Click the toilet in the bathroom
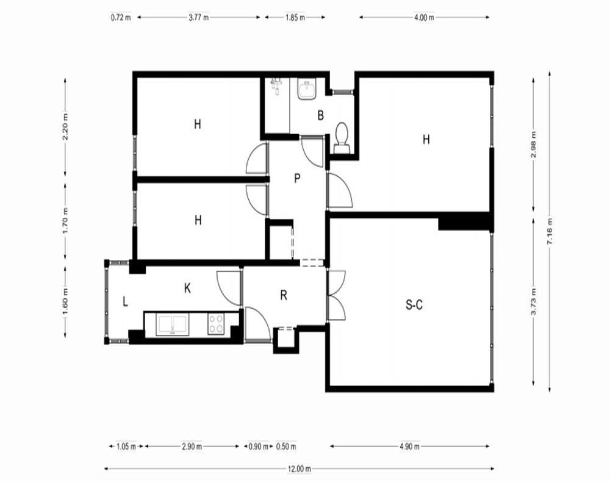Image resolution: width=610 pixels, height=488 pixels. [x=342, y=138]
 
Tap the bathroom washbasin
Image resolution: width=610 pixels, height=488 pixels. [x=307, y=89]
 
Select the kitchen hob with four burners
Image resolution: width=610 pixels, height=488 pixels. [x=216, y=324]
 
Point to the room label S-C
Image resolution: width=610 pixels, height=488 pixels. [x=414, y=305]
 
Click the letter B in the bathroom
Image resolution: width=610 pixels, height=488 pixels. [x=321, y=115]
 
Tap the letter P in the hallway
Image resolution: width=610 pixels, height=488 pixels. [x=297, y=178]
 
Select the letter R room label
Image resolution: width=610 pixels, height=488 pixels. [x=284, y=295]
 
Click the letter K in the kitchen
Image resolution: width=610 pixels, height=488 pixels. [x=187, y=289]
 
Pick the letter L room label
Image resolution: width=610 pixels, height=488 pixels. [x=125, y=301]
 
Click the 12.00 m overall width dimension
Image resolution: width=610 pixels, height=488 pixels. [x=299, y=469]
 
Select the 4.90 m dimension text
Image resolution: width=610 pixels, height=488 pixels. [x=409, y=447]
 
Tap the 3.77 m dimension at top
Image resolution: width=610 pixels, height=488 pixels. [x=198, y=18]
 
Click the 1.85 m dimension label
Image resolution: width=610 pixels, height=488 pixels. [x=295, y=18]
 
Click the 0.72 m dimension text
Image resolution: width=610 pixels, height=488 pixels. [x=121, y=18]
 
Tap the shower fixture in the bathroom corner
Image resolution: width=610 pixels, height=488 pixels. [x=276, y=85]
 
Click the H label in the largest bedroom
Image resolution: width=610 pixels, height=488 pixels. [x=426, y=139]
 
